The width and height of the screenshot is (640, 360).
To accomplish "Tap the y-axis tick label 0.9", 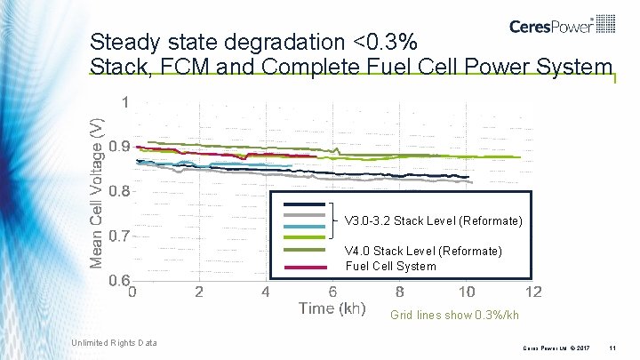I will point(120,146).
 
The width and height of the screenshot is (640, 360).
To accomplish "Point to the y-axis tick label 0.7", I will point(120,236).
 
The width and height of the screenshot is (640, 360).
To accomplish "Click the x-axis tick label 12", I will point(533,292).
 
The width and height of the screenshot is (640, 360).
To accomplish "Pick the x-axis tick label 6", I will point(332,292).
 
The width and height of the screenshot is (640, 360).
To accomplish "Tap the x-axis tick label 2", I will point(199,292).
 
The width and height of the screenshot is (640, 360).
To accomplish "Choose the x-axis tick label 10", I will point(466,292).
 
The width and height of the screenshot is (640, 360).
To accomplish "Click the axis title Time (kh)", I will point(332,309).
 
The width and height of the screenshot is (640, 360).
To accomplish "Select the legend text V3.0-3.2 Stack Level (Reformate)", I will point(433,220).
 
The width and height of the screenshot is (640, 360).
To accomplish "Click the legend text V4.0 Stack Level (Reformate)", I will point(423,252).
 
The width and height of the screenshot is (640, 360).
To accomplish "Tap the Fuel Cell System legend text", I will point(390,266).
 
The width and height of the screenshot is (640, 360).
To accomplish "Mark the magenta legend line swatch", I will point(303,266).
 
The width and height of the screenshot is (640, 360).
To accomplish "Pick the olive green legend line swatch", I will point(303,251).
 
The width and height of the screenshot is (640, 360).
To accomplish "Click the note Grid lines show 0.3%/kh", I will point(454,316).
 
